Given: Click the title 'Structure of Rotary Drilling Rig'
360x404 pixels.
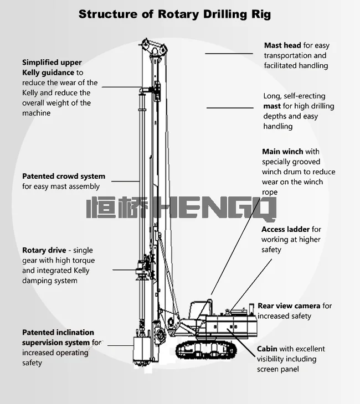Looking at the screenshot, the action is pyautogui.click(x=174, y=14).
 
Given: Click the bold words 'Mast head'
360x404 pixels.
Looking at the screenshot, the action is pyautogui.click(x=282, y=45).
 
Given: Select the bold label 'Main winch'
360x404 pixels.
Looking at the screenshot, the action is pyautogui.click(x=282, y=152).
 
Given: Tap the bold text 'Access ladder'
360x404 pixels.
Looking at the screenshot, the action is pyautogui.click(x=285, y=229).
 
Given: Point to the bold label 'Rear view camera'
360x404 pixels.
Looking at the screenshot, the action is pyautogui.click(x=289, y=306).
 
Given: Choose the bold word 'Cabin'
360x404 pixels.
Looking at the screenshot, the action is pyautogui.click(x=267, y=349).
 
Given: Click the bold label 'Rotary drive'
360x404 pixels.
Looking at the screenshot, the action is pyautogui.click(x=44, y=250).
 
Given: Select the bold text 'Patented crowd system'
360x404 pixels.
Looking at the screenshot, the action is pyautogui.click(x=64, y=176).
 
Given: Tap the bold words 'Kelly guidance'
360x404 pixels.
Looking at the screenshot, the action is pyautogui.click(x=48, y=72).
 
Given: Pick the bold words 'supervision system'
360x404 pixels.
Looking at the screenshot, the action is pyautogui.click(x=56, y=343).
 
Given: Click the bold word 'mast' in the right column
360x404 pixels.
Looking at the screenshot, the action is pyautogui.click(x=272, y=106).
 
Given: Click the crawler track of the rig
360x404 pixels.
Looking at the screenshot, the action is pyautogui.click(x=206, y=350).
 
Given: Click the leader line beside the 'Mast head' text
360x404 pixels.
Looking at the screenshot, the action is pyautogui.click(x=229, y=54).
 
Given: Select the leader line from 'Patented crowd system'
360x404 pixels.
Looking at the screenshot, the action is pyautogui.click(x=126, y=181).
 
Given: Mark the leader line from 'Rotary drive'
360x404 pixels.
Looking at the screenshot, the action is pyautogui.click(x=124, y=270).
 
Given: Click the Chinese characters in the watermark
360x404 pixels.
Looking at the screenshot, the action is pyautogui.click(x=117, y=208).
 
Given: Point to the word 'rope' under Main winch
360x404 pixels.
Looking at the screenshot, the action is pyautogui.click(x=270, y=193).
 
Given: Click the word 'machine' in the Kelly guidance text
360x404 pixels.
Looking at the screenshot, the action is pyautogui.click(x=37, y=113).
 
